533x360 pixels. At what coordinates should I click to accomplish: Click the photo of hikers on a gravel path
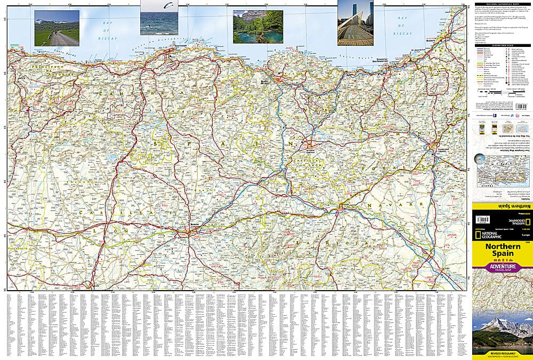(x=56, y=28)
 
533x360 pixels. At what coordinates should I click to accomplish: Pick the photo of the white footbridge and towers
(x=355, y=23)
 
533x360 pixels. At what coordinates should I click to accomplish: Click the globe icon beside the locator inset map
(x=479, y=159)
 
